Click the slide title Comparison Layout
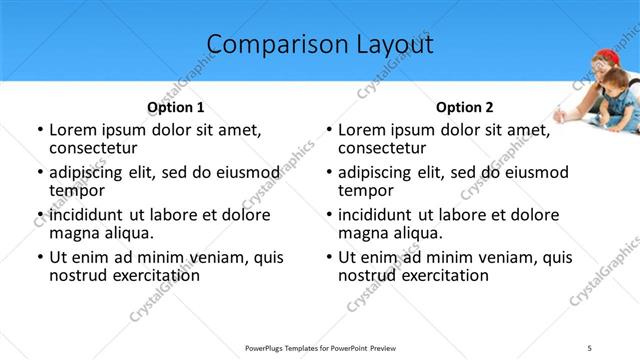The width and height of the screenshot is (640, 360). click(320, 45)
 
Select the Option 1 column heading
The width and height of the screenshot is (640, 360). click(176, 107)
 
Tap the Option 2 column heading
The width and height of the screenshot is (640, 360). click(464, 107)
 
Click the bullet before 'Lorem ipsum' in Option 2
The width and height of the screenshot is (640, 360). click(328, 130)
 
